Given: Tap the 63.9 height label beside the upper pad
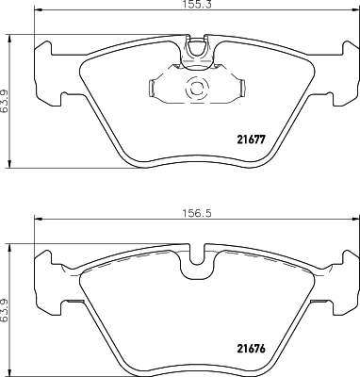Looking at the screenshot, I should click(6, 96).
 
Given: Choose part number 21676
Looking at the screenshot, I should click(249, 345).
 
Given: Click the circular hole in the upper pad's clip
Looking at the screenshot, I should click(197, 90).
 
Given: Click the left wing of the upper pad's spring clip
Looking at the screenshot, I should click(156, 89).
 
